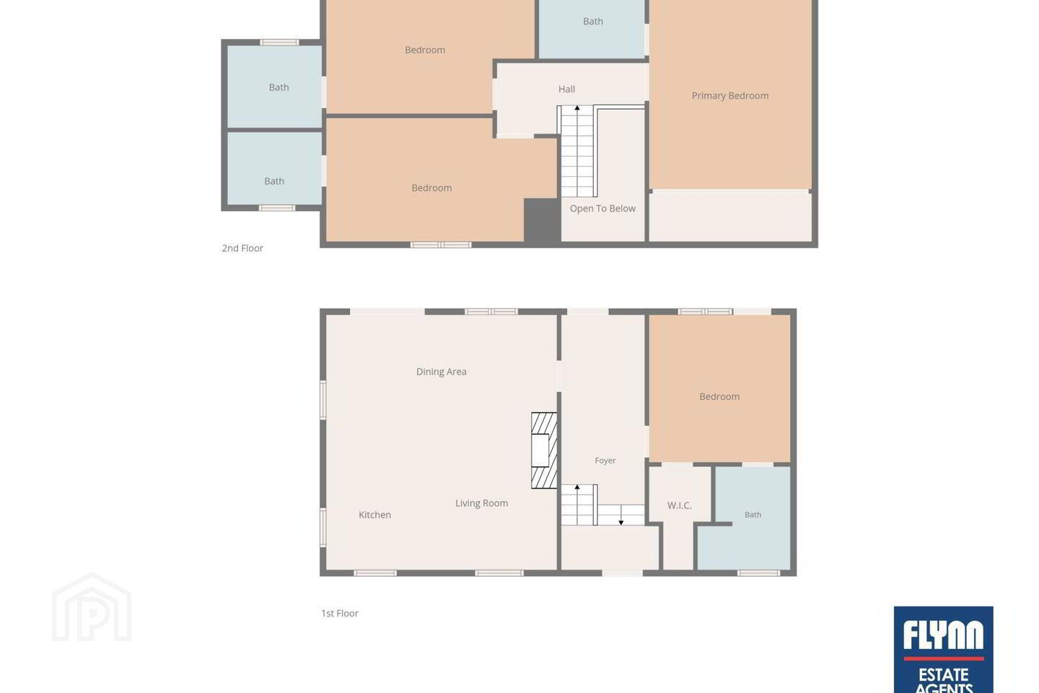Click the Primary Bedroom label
(730, 95)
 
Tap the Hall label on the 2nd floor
(566, 89)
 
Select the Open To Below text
(602, 209)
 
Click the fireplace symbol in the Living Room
(544, 450)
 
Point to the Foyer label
(605, 461)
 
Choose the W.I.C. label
(680, 505)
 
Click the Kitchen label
(374, 515)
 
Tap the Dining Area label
(441, 372)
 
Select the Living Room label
(481, 503)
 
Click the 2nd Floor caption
(242, 248)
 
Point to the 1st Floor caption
(340, 614)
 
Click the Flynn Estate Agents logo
(944, 650)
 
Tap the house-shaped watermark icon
(92, 607)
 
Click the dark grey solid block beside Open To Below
(541, 220)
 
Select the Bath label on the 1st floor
(753, 515)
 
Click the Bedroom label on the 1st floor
(719, 397)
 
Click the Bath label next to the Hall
(593, 22)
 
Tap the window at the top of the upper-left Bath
(279, 43)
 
